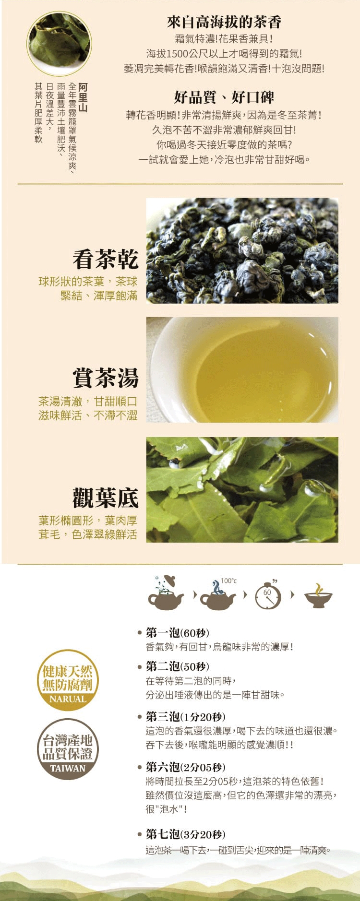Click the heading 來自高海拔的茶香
tap(224, 22)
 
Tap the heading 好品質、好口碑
tap(224, 97)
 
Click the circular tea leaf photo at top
tap(59, 44)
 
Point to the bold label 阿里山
tap(83, 97)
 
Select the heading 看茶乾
tap(106, 260)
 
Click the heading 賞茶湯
tap(106, 378)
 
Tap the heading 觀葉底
tap(106, 498)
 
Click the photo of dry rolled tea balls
tap(242, 250)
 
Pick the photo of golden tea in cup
tap(242, 370)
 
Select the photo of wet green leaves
tap(242, 490)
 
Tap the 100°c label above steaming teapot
tap(228, 581)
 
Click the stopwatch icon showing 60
tap(268, 595)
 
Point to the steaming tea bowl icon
tap(318, 596)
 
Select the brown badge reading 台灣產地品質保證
tap(68, 749)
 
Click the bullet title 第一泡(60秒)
tap(178, 633)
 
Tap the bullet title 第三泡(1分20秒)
tap(185, 717)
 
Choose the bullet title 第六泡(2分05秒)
tap(185, 767)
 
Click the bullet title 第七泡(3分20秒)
tap(185, 834)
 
